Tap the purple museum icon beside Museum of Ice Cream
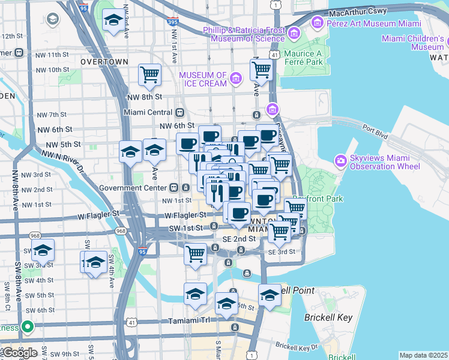click(x=236, y=78)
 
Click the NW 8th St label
click(x=145, y=97)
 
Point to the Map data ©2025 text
click(x=423, y=355)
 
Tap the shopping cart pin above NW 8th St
click(x=149, y=76)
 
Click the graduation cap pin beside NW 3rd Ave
click(x=112, y=21)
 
